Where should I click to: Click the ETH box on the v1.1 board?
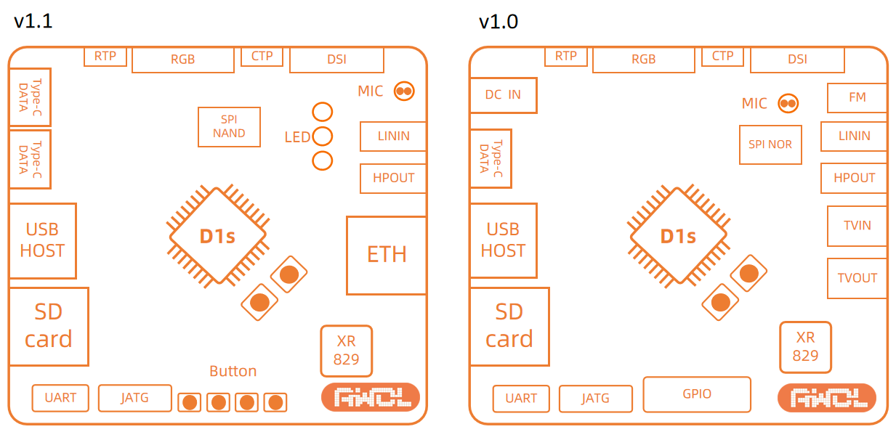[386, 255]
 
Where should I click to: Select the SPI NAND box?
[229, 126]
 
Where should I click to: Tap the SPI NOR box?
[770, 144]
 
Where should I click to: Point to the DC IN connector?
[503, 95]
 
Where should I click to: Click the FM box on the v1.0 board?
[857, 97]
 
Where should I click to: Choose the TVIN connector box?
[857, 226]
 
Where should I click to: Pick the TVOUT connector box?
[857, 278]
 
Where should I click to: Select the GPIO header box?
[697, 394]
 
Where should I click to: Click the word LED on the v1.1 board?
[297, 137]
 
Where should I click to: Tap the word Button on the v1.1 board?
[233, 371]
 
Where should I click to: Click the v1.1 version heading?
[33, 21]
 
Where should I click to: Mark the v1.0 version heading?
[499, 22]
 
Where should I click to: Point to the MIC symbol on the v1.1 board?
[404, 91]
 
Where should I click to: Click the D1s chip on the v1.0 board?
[678, 236]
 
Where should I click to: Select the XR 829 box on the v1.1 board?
[346, 350]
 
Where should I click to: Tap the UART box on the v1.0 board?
[521, 398]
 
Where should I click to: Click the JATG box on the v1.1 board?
[134, 398]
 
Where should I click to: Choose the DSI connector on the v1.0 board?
[797, 60]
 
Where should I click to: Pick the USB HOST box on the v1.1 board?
[42, 240]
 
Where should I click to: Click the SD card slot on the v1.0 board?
[509, 326]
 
